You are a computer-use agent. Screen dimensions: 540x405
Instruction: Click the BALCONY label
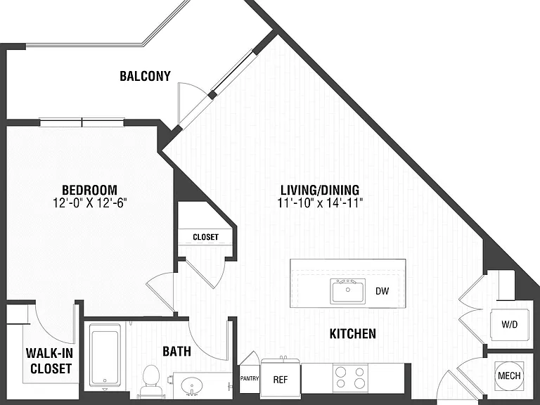point(145,76)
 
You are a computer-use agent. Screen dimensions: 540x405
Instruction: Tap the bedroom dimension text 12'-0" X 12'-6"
point(90,203)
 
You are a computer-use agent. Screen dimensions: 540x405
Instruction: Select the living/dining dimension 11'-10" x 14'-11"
point(321,203)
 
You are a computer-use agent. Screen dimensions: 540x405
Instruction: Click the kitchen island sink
point(348,291)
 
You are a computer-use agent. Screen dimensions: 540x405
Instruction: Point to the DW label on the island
point(382,291)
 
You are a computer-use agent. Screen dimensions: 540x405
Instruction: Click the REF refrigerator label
point(281,380)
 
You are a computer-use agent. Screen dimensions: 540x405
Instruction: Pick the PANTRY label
point(250,378)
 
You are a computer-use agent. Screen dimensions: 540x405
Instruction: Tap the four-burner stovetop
point(350,377)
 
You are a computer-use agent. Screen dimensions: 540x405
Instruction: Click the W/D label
point(510,324)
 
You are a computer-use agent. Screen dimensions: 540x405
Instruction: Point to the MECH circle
point(509,375)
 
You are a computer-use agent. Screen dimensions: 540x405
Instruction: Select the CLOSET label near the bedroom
point(205,237)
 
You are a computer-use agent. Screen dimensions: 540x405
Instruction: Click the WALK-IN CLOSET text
point(50,361)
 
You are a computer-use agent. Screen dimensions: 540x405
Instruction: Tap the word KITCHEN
point(353,334)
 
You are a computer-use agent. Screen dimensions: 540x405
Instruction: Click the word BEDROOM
point(89,190)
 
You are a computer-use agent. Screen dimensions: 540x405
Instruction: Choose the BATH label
point(176,352)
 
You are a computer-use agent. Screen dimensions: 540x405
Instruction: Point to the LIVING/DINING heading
point(320,190)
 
